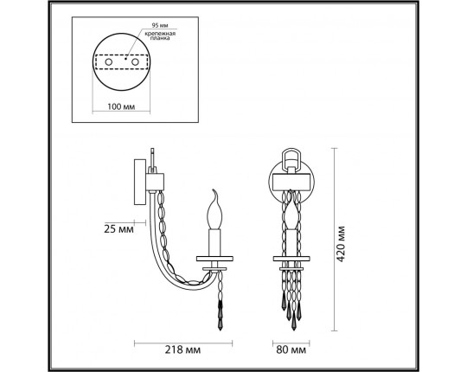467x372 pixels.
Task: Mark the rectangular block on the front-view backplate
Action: click(x=291, y=181)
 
